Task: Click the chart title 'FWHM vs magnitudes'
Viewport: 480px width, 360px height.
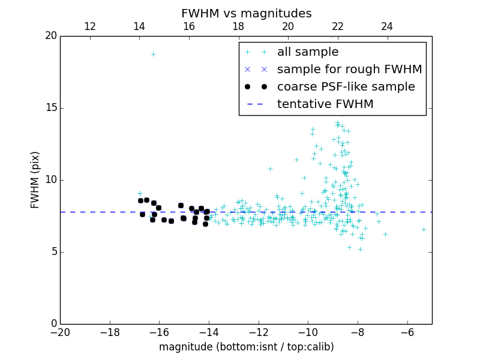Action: pos(246,13)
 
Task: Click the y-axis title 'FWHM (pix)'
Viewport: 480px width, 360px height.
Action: pos(35,180)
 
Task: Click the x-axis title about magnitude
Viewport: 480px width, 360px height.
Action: pos(246,347)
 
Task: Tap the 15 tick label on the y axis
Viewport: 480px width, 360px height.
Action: pos(50,108)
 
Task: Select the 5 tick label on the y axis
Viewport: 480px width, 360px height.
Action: pos(53,252)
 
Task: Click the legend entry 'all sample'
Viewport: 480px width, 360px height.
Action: pos(308,52)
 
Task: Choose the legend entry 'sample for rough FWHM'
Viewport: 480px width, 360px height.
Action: pos(349,70)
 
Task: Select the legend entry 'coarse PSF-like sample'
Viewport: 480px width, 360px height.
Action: pos(346,87)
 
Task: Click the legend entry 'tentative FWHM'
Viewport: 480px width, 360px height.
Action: pos(325,104)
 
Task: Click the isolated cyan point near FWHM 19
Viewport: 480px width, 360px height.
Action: pos(153,54)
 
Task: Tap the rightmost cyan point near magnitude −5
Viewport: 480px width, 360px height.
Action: pos(424,229)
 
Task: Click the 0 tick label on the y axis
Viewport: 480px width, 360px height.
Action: pos(53,324)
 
